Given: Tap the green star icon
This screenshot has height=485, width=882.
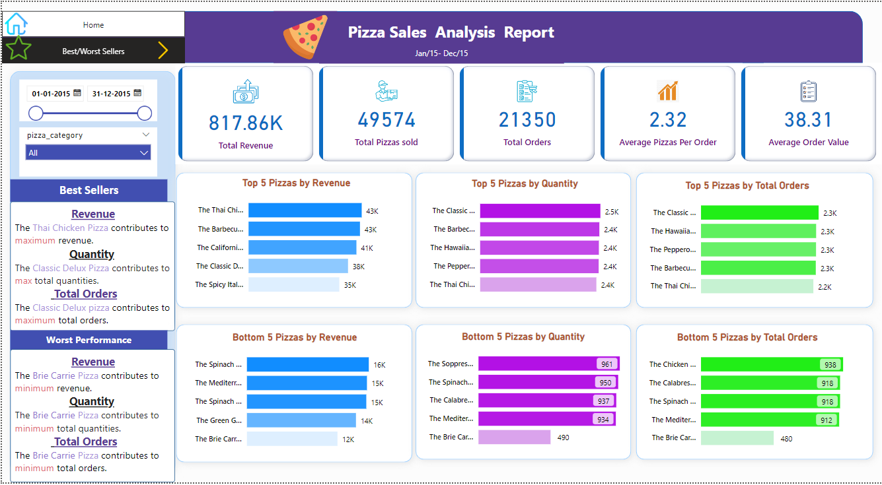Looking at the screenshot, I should (18, 49).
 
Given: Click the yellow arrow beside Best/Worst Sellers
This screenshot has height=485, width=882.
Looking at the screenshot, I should (163, 50).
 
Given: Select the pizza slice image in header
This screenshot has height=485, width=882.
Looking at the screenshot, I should (305, 37).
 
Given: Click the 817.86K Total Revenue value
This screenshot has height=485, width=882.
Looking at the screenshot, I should (246, 123).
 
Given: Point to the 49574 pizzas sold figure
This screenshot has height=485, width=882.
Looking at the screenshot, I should (386, 119).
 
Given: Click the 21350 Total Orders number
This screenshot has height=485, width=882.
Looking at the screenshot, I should (527, 119).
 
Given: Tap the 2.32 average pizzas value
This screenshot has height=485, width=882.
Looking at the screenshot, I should (668, 119).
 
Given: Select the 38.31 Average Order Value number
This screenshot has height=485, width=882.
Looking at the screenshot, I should (809, 119).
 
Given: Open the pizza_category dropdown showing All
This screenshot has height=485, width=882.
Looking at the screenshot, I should (88, 152).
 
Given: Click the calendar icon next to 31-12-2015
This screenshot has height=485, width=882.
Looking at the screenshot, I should (137, 93).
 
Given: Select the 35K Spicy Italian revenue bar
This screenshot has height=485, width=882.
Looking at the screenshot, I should (293, 284).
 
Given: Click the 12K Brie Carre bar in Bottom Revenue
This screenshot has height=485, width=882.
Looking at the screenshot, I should (292, 439).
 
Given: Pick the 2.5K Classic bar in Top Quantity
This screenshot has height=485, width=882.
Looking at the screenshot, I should (540, 211).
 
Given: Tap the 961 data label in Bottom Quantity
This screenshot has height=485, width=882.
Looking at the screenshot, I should (606, 364).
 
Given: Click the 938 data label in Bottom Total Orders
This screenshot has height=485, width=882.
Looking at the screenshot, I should (830, 365).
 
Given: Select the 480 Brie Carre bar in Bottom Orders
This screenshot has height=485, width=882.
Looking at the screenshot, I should (737, 438).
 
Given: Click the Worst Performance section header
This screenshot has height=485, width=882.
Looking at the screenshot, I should (89, 340).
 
